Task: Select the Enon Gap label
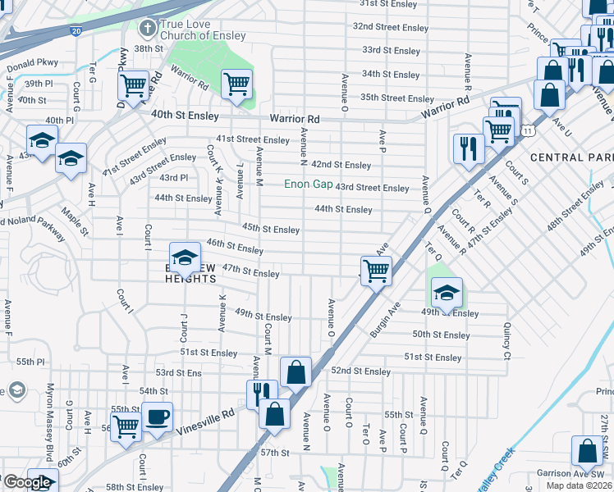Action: [308, 184]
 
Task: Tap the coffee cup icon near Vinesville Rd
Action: [157, 416]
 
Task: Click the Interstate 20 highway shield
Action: [76, 30]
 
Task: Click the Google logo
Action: [26, 482]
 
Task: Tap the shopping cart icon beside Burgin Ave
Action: [376, 269]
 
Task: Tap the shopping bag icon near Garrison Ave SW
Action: [588, 450]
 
